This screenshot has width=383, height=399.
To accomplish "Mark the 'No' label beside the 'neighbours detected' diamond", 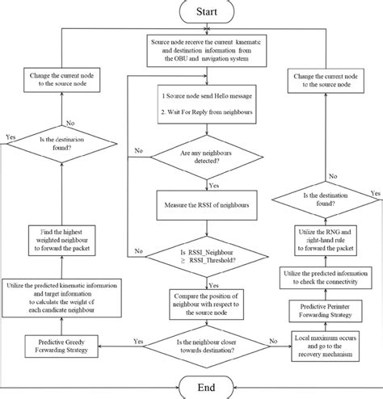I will [x=139, y=150].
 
